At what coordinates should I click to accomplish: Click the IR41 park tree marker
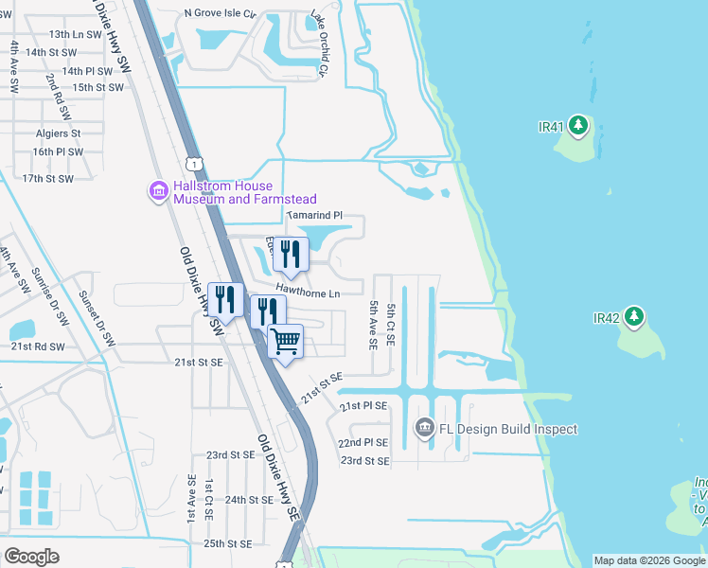coord(580,125)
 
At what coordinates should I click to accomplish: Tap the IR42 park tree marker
coord(634,317)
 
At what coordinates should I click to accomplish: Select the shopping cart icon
coord(286,342)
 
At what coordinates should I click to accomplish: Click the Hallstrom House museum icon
coord(157,192)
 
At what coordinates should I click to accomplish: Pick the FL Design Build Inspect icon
coord(424,429)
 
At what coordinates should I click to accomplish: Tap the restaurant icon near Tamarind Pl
coord(291,254)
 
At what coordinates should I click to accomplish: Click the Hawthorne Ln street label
coord(308,293)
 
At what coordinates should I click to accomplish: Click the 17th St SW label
coord(47,178)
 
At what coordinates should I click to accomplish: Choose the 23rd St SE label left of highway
coord(231,454)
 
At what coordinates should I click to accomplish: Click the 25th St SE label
coord(227,543)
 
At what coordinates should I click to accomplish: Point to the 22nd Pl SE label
coord(363,442)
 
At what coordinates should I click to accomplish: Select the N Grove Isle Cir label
coord(221,13)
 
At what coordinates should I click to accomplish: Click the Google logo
coord(31,556)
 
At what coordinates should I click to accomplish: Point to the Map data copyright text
coord(649,560)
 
